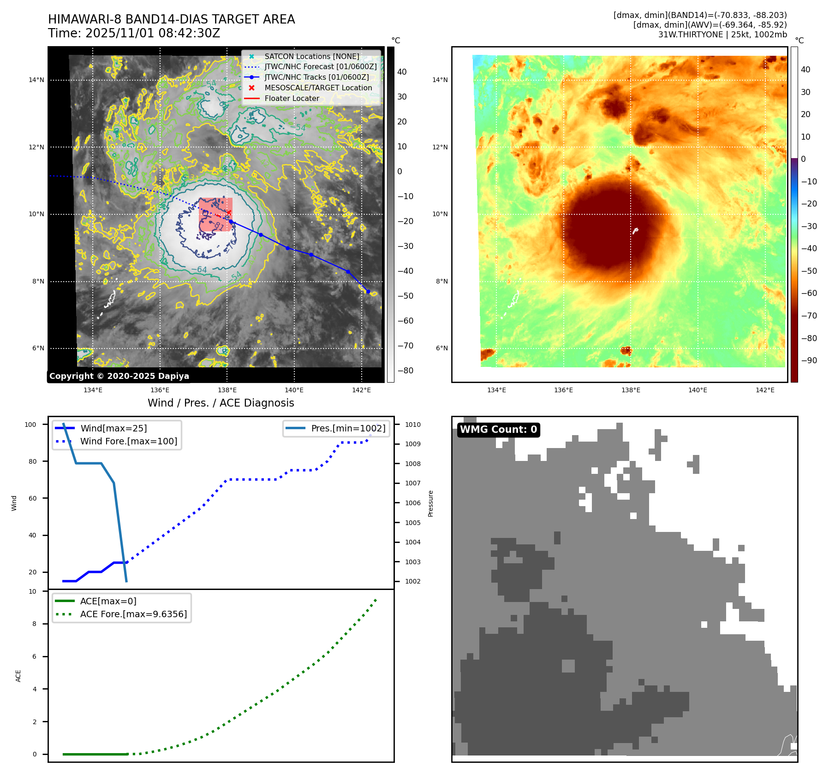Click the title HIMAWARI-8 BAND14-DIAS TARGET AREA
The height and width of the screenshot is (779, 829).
(171, 19)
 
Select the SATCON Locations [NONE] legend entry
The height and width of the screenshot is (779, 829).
(311, 56)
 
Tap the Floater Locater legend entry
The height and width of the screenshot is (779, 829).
(292, 98)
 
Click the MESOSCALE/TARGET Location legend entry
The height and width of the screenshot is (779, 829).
(318, 88)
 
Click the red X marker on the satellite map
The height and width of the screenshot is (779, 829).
(228, 212)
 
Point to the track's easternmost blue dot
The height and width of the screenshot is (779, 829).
(368, 291)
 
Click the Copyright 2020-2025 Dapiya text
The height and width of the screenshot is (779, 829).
(119, 376)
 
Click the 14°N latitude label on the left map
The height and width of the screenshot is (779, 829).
(36, 80)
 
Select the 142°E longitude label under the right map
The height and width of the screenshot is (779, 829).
(764, 390)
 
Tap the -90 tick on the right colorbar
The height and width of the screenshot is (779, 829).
(809, 360)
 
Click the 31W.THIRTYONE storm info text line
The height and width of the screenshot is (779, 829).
(722, 35)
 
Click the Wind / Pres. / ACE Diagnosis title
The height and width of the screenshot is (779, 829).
(221, 403)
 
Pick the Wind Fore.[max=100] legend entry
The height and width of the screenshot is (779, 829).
(128, 441)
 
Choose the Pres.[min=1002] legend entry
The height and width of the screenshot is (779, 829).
(348, 428)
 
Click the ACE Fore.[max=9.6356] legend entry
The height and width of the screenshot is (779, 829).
(133, 614)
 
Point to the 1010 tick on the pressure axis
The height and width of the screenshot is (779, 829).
(412, 425)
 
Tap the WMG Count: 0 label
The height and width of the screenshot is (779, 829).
(498, 430)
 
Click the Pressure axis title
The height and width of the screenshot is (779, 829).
(430, 503)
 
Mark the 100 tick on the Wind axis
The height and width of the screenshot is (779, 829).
(30, 425)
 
